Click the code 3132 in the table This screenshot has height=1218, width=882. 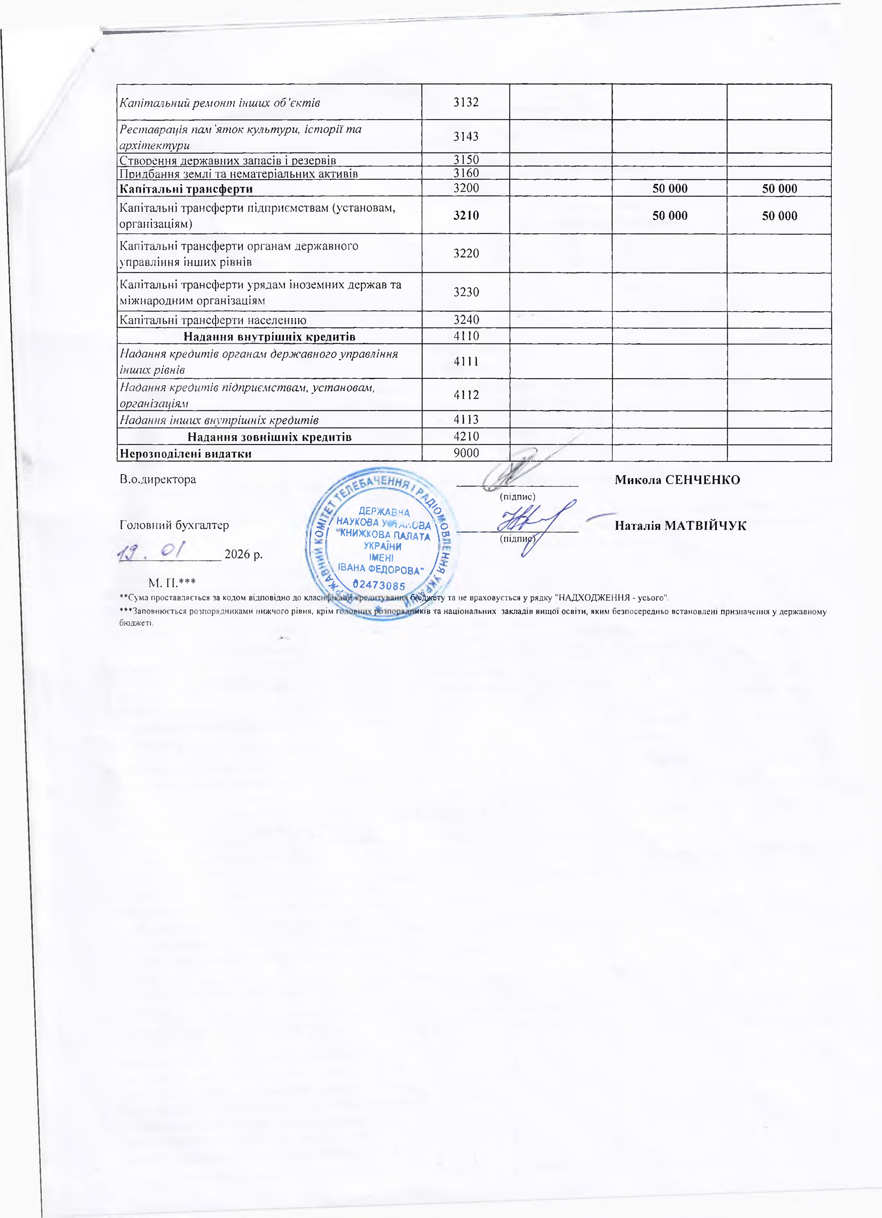coord(466,102)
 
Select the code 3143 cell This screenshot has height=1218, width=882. coord(466,137)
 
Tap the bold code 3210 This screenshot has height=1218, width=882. coord(466,216)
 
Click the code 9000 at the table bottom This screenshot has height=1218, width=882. coord(466,453)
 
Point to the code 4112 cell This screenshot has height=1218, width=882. coord(466,395)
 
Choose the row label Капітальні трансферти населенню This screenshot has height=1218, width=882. coord(213,320)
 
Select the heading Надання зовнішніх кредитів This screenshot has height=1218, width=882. coord(269,436)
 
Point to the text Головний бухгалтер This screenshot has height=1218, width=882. coord(174,524)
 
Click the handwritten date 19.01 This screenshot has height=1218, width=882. coord(152,551)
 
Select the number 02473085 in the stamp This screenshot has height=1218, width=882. coord(379,585)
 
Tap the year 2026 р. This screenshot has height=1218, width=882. coord(243,554)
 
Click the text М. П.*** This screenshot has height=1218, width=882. coord(172,582)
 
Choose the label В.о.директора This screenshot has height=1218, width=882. coord(158,479)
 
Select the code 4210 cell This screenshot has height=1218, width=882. coord(466,436)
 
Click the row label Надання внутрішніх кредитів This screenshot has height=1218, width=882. coord(269,337)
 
